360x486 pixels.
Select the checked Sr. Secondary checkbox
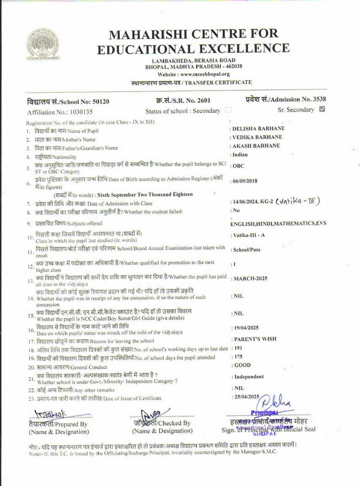pos(322,109)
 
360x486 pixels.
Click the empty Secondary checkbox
pos(228,110)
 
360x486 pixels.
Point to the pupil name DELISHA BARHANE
pos(259,128)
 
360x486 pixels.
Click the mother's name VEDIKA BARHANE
pos(257,137)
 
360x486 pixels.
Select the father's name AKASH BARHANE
pos(256,145)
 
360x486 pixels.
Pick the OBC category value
pos(238,166)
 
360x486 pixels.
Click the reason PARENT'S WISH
pos(255,339)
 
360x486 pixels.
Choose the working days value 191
pos(238,348)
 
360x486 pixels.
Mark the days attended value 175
pos(238,356)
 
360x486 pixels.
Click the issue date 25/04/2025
pos(247,396)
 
